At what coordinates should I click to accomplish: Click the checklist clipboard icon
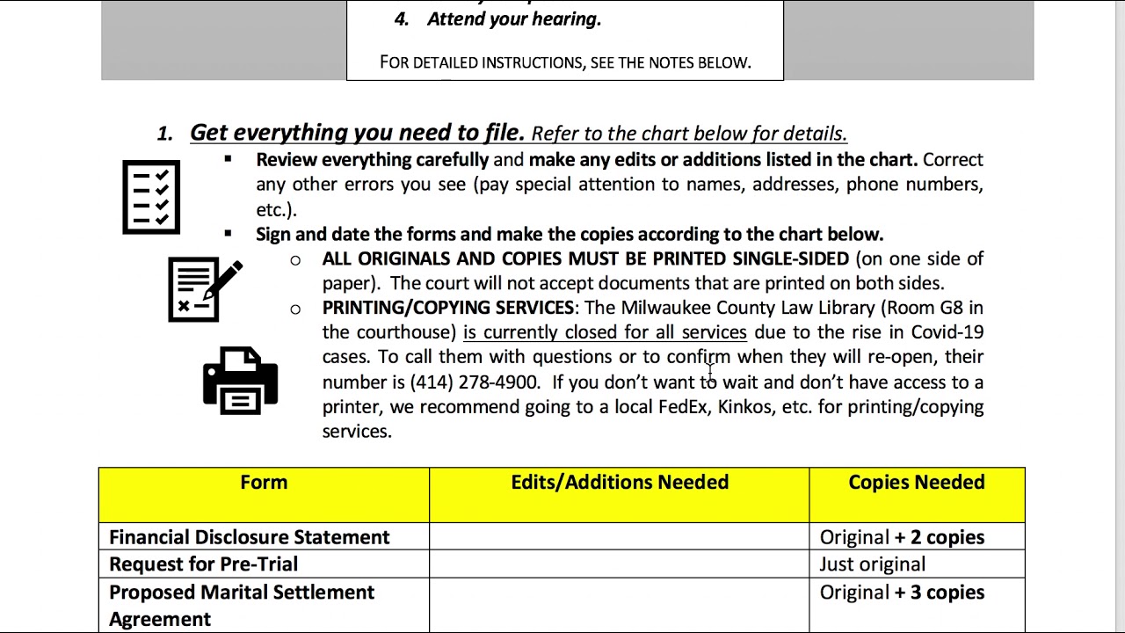coord(151,197)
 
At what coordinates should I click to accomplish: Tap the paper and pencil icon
coord(205,289)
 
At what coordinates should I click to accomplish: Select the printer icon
coord(240,380)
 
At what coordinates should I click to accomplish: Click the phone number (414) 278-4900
coord(474,382)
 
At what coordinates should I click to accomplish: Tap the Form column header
coord(264,483)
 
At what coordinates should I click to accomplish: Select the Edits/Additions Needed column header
coord(620,483)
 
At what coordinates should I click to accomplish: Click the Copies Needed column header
coord(916,483)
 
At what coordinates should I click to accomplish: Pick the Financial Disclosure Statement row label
coord(249,537)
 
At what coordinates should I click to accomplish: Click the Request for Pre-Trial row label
coord(203,564)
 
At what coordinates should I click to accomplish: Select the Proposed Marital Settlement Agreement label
coord(241,605)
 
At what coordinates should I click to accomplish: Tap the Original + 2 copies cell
coord(902,537)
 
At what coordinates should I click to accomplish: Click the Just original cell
coord(872,564)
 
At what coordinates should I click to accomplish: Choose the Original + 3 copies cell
coord(902,593)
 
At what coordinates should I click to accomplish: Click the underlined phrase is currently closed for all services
coord(605,332)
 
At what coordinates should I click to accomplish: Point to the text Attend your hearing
coord(513,19)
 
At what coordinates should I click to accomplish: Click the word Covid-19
coord(947,332)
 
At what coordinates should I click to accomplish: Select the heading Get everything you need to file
coord(357,133)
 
